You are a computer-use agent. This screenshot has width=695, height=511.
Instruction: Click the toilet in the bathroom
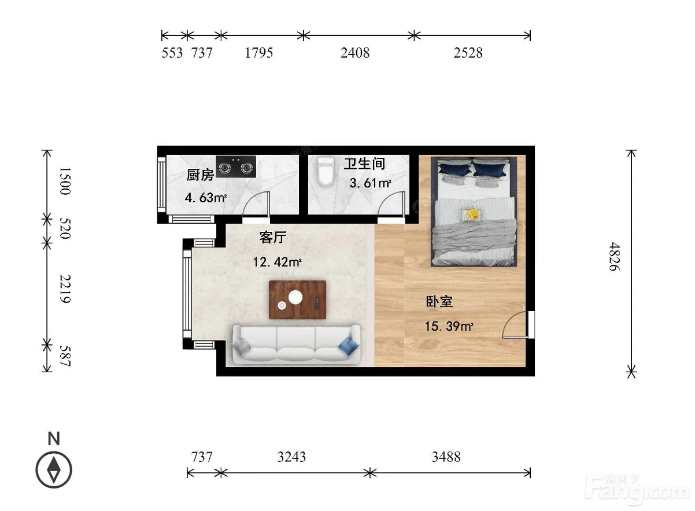tap(326, 171)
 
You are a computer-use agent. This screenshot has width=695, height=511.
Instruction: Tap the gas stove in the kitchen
tap(236, 166)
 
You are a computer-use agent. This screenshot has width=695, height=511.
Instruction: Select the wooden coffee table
tap(297, 299)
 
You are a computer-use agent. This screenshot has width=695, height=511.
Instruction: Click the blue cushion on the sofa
tap(349, 346)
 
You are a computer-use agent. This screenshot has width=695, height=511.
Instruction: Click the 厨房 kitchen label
tap(200, 175)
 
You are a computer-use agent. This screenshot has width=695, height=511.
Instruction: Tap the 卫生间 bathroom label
tap(364, 164)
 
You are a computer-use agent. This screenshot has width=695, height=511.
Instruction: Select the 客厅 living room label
tap(273, 238)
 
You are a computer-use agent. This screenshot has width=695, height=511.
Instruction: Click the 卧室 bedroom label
tap(439, 302)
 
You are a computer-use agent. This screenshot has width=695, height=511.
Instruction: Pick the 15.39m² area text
tap(449, 327)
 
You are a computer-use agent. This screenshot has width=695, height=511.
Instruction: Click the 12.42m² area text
tap(277, 262)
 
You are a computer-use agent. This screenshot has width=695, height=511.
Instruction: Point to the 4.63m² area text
tap(206, 198)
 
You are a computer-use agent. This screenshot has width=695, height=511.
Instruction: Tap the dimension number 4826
tap(615, 257)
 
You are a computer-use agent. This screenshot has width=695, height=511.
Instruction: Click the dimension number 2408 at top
tap(355, 53)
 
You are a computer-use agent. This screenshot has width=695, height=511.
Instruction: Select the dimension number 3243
tap(291, 457)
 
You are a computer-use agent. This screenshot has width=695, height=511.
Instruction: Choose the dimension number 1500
tap(65, 181)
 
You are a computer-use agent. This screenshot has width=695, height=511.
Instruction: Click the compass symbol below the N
tap(54, 470)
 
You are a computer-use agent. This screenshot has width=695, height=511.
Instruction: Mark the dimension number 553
tap(172, 53)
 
